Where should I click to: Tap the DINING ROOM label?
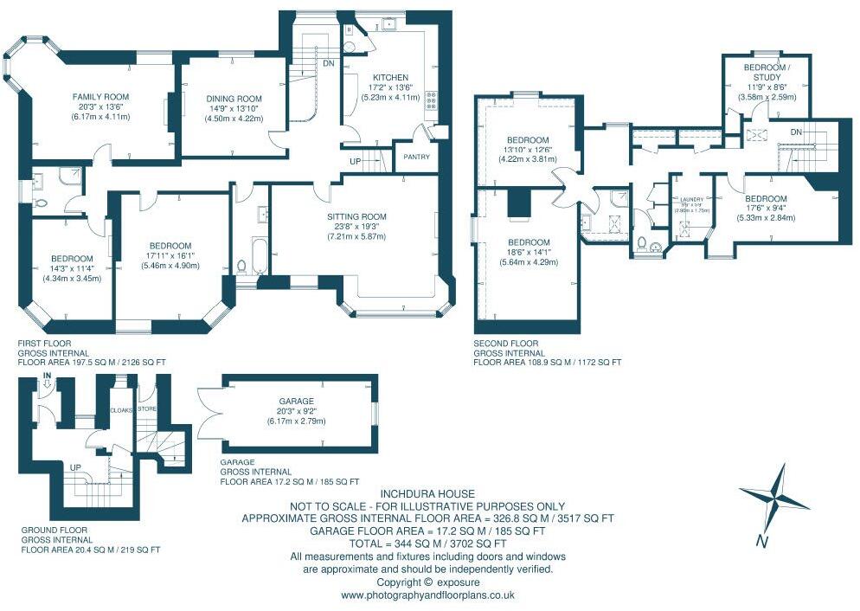point(234,99)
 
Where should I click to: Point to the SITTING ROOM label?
point(356,216)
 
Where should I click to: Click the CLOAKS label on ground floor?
point(120,411)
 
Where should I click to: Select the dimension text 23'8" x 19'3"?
point(356,227)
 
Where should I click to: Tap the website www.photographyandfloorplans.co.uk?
point(427,595)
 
